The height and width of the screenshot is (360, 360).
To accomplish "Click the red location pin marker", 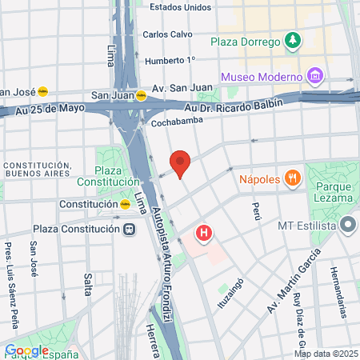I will click(181, 163).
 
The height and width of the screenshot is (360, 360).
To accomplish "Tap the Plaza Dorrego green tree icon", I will click(294, 40).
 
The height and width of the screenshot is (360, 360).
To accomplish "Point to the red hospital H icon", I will click(205, 234).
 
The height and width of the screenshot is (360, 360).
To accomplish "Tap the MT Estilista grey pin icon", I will click(347, 226).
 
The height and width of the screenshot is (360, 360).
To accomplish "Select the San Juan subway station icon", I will click(141, 94).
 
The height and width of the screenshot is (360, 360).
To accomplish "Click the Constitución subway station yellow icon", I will click(125, 204).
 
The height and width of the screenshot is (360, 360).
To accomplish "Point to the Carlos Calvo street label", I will click(169, 34).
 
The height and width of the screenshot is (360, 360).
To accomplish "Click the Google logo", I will click(26, 350).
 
